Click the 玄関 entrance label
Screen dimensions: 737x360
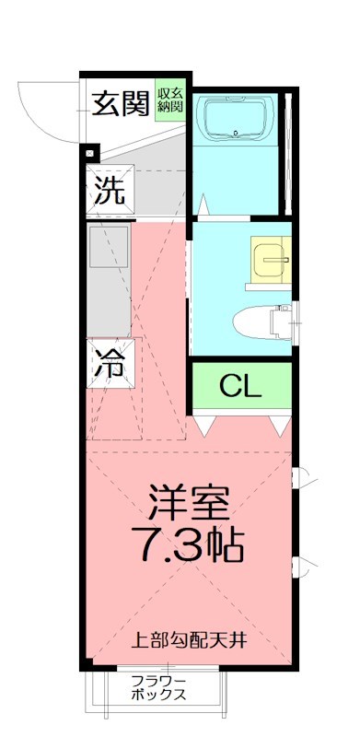point(121,105)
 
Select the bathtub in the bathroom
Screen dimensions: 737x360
point(238,121)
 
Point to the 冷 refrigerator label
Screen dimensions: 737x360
point(110,362)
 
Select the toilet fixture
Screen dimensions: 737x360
point(261,323)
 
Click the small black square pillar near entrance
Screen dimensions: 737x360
point(89,153)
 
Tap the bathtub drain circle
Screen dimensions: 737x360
point(238,134)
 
